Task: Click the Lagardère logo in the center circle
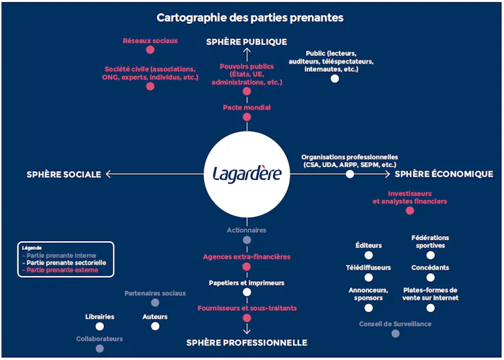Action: (x=247, y=172)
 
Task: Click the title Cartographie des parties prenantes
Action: (x=250, y=18)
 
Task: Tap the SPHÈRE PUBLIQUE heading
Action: (x=247, y=42)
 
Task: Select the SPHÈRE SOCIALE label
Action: (x=64, y=175)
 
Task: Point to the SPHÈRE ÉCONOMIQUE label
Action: (x=444, y=174)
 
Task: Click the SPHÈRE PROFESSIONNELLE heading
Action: (x=247, y=342)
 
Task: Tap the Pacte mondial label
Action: (x=247, y=107)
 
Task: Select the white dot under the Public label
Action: (x=335, y=79)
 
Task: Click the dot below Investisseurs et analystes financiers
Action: (x=409, y=211)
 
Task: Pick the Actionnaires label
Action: (x=247, y=231)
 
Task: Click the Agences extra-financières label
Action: (x=247, y=257)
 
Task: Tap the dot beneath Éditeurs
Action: (x=368, y=255)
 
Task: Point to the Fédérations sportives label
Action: (x=430, y=242)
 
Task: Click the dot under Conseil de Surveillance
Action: (x=395, y=334)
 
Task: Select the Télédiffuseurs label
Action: (x=368, y=267)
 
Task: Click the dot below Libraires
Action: (x=100, y=326)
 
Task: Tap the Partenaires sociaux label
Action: (x=155, y=294)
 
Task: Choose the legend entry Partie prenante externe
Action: (x=60, y=270)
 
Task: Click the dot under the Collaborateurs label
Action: (x=100, y=348)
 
